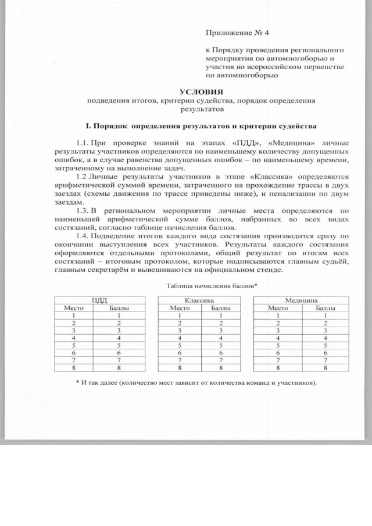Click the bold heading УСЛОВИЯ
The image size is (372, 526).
click(201, 92)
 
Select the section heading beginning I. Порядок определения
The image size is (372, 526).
click(201, 126)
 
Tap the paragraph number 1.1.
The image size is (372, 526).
click(83, 142)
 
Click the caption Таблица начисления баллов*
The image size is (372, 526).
click(212, 286)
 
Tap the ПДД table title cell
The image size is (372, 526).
click(99, 300)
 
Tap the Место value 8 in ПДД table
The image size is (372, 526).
click(74, 368)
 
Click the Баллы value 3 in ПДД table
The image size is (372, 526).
click(118, 330)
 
